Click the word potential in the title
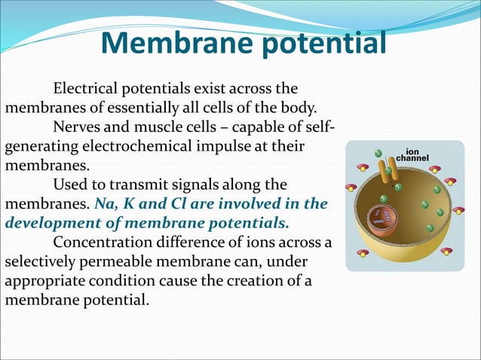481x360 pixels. tap(322, 44)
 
